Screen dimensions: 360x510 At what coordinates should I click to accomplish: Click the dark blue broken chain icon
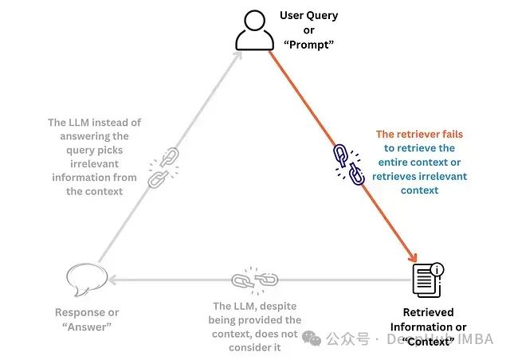point(349,164)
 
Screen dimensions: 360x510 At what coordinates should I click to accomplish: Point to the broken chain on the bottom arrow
point(254,280)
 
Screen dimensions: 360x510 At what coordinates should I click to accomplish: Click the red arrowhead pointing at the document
point(413,257)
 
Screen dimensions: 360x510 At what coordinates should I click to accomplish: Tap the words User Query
point(308,15)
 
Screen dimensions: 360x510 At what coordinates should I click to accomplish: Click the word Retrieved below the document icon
point(428,312)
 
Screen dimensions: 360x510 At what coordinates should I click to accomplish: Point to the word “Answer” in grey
point(84,327)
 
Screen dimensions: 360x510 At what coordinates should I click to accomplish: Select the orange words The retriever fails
point(419,135)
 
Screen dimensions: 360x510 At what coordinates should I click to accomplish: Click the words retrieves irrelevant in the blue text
point(418,176)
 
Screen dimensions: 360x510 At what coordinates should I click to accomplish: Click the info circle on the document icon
point(437,268)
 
